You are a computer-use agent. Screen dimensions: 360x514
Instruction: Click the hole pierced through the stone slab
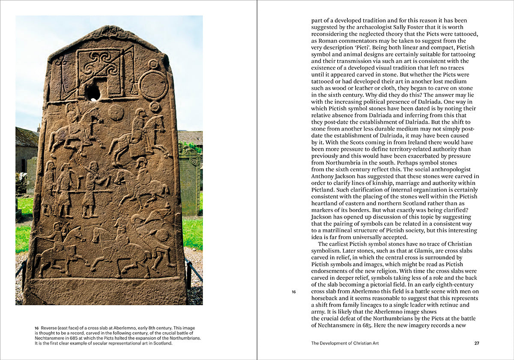93,93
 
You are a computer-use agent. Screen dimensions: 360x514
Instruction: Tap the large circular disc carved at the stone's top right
153,85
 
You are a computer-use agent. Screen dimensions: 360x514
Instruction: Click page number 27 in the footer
477,343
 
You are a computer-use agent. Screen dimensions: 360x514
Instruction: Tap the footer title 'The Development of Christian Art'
345,343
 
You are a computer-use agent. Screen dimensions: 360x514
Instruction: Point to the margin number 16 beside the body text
293,292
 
